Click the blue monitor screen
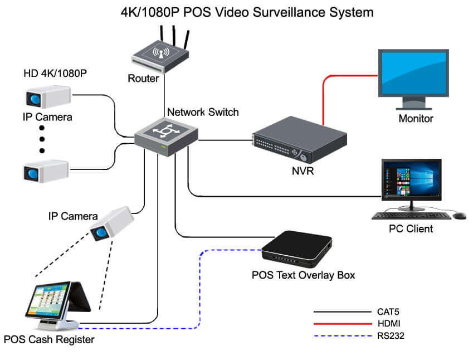click(413, 72)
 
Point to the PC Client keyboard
click(412, 216)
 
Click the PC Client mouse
click(460, 215)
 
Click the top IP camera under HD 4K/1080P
click(47, 97)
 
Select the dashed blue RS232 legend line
click(337, 336)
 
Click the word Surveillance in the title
click(301, 12)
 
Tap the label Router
click(144, 79)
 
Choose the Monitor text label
click(416, 118)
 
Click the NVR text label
click(303, 171)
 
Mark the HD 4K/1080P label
click(55, 74)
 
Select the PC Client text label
click(411, 229)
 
